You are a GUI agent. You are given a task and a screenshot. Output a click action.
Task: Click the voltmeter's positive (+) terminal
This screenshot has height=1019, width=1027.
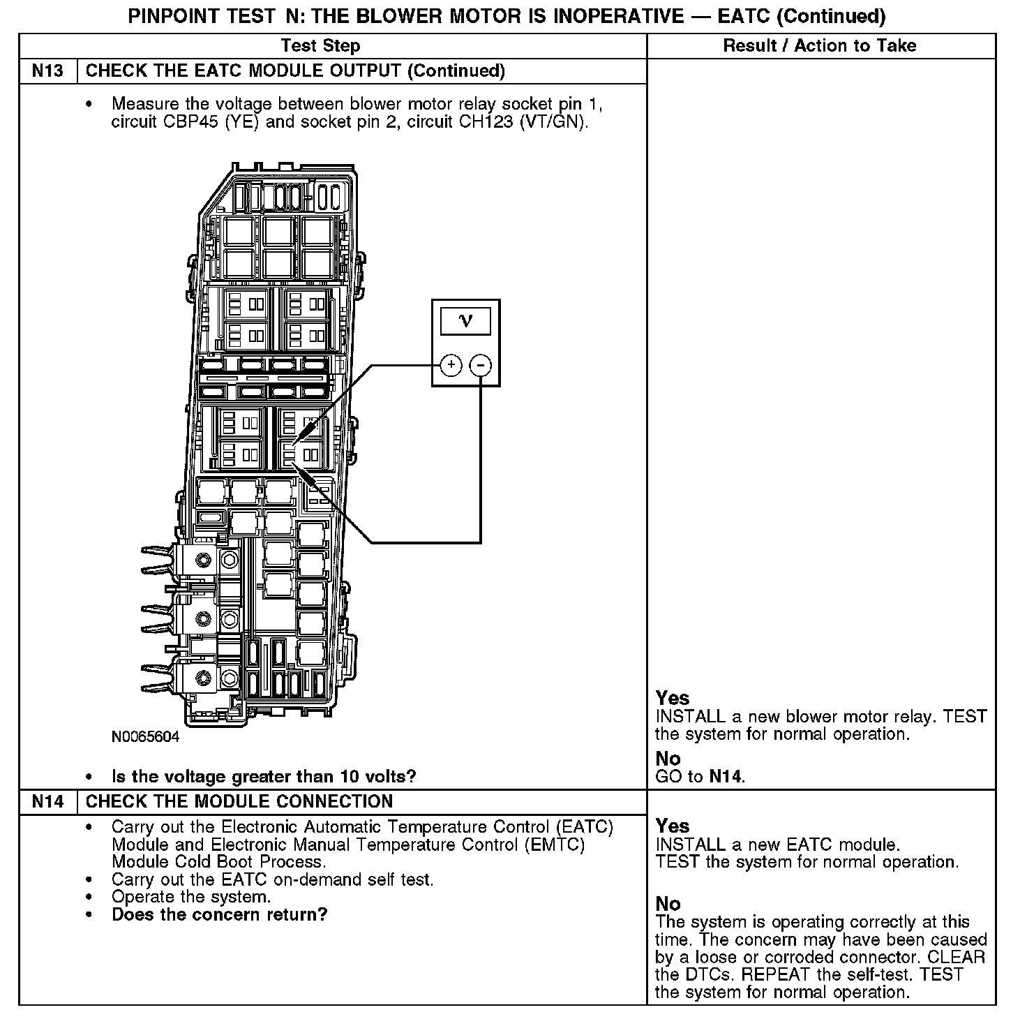451,364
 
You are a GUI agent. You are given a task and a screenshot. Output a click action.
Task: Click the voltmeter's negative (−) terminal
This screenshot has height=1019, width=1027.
481,364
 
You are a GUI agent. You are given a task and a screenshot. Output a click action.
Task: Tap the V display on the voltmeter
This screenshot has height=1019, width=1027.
465,321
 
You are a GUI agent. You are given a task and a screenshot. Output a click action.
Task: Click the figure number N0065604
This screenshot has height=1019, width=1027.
145,737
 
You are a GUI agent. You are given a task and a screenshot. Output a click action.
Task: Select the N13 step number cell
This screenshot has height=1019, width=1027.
47,71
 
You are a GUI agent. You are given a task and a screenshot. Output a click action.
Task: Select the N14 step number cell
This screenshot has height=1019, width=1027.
47,801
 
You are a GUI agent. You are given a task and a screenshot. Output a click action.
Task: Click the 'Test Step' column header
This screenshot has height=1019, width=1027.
320,46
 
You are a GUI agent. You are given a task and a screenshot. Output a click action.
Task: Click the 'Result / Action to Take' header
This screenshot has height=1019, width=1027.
820,46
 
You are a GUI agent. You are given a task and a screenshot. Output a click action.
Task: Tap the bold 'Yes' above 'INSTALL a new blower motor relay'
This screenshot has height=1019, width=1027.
673,698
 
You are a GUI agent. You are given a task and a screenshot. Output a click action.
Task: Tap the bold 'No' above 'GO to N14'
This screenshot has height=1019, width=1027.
668,759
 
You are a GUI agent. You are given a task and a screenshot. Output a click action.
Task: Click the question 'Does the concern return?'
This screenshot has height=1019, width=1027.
219,914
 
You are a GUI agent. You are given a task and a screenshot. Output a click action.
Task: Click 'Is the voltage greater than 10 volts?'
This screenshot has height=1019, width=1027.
264,776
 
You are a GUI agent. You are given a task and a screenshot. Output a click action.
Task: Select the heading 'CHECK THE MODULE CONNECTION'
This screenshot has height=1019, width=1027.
239,801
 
